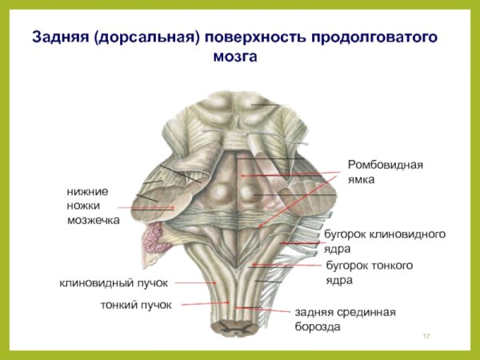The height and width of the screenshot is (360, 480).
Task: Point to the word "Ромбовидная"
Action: [385, 165]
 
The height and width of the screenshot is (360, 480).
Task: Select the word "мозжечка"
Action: [93, 220]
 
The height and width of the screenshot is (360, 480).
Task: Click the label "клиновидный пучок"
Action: [114, 283]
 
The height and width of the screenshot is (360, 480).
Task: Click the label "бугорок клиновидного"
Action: [384, 234]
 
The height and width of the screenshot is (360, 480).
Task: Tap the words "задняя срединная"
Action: [346, 312]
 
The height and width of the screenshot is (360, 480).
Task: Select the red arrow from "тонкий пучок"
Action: [205, 304]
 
